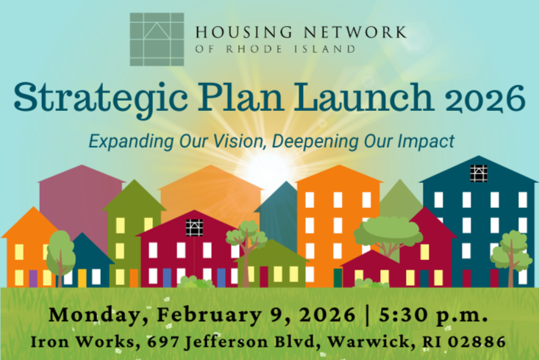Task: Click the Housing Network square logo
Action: (x=157, y=39)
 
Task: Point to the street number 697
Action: (x=162, y=341)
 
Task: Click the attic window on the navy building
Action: (x=479, y=173)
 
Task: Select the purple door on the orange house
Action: (x=32, y=278)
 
